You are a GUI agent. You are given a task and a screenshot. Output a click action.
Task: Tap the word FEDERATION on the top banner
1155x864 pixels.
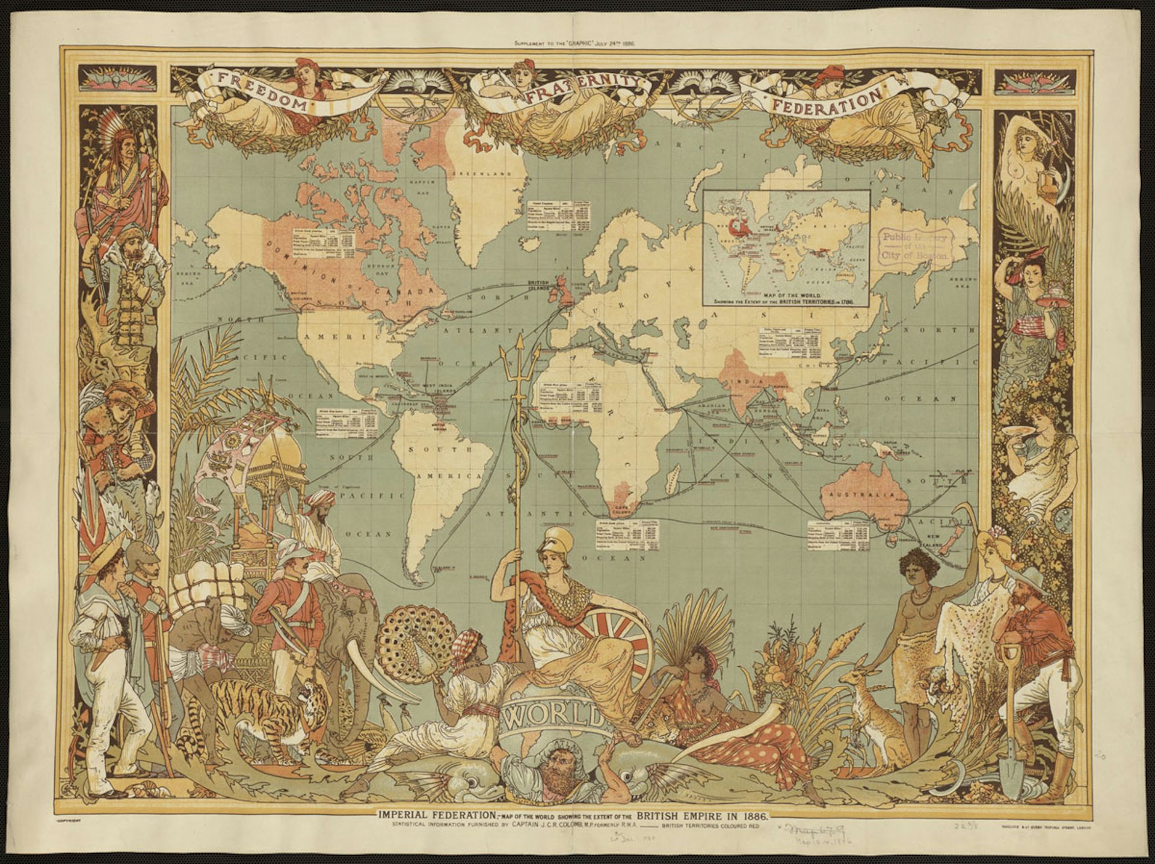pos(827,102)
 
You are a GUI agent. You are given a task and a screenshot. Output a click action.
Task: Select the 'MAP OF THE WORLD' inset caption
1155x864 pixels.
pos(786,296)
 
